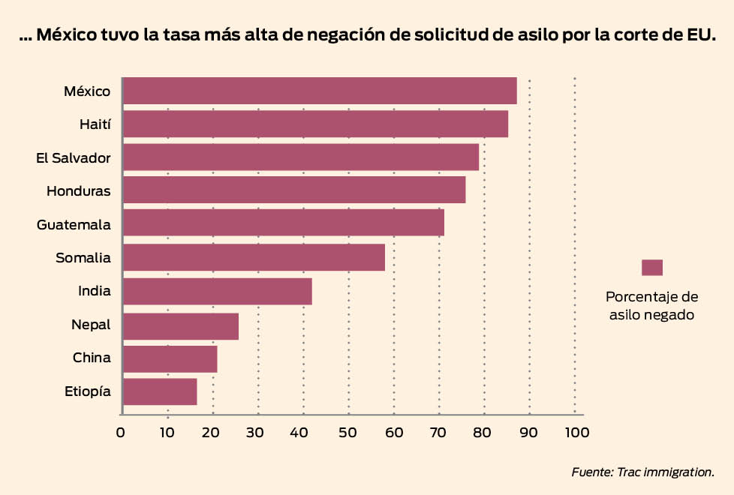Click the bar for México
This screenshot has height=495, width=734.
click(319, 91)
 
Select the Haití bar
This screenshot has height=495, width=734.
click(315, 124)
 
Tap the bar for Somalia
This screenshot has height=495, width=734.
click(254, 257)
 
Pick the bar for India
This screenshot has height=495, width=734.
click(217, 291)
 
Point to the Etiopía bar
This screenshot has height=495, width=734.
click(159, 391)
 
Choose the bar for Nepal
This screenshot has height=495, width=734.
click(180, 326)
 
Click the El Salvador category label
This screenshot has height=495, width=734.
click(74, 158)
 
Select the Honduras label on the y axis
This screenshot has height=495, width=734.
click(78, 191)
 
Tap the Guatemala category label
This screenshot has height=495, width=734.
click(74, 224)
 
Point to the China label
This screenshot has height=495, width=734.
click(92, 358)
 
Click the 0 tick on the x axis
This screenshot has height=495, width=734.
click(121, 432)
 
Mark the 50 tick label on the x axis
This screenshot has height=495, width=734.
click(348, 432)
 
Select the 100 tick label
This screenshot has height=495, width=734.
click(575, 432)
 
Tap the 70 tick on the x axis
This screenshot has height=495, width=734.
click(439, 432)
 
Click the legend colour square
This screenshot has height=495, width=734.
click(652, 268)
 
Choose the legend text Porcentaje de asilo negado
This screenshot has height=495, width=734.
click(651, 305)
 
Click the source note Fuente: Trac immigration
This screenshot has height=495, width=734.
click(642, 472)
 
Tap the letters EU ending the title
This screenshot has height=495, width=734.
click(695, 35)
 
